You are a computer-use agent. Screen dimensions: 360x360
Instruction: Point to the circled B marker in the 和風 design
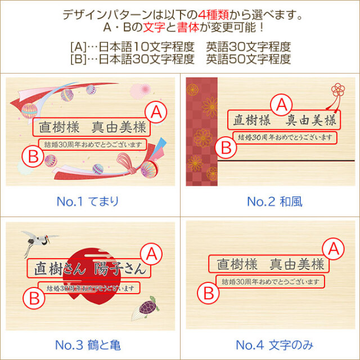pos(227,148)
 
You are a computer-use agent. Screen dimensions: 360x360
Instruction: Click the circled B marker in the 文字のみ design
pos(209,292)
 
